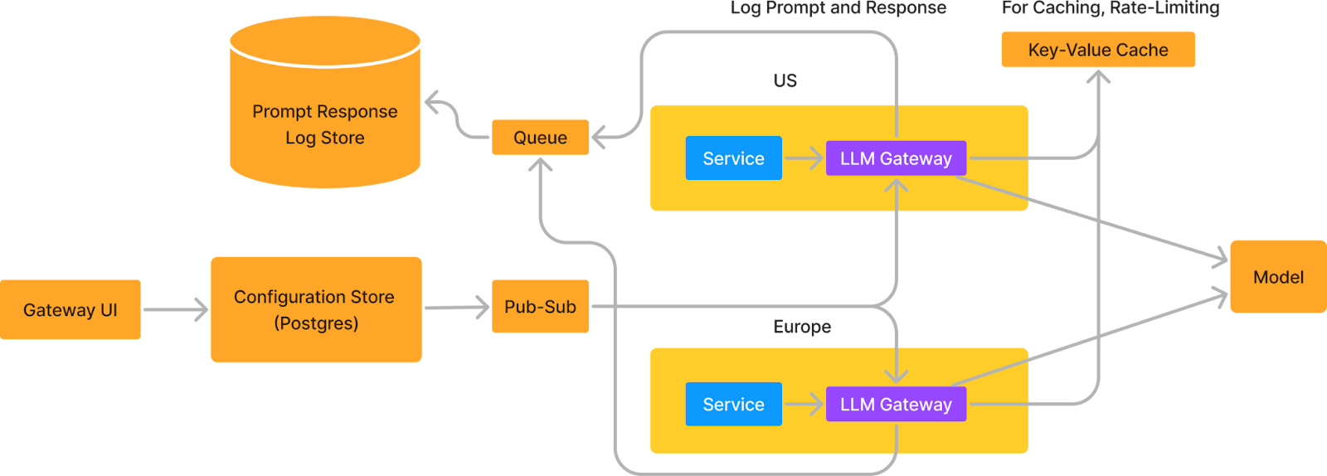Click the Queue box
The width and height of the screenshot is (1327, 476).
pyautogui.click(x=540, y=137)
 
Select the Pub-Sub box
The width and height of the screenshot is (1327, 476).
pyautogui.click(x=540, y=307)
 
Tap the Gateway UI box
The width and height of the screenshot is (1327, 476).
pyautogui.click(x=70, y=310)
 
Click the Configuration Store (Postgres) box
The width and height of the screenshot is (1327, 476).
pyautogui.click(x=315, y=309)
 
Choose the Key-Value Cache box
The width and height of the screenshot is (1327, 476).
pyautogui.click(x=1098, y=50)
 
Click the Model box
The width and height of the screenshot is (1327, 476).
pyautogui.click(x=1278, y=277)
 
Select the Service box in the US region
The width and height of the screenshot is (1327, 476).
pyautogui.click(x=733, y=158)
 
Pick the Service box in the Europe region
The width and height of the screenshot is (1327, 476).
pyautogui.click(x=733, y=405)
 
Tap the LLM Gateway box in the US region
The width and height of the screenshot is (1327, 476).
pyautogui.click(x=896, y=158)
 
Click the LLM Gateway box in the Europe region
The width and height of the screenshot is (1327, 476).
pyautogui.click(x=896, y=405)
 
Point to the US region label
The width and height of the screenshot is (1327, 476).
pyautogui.click(x=785, y=80)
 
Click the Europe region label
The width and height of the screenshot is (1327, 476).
pyautogui.click(x=802, y=327)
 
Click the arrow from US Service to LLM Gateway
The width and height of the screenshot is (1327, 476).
pyautogui.click(x=804, y=158)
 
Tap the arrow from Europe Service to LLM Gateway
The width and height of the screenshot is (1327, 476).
pyautogui.click(x=804, y=404)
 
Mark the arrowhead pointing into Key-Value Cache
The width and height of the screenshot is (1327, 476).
pyautogui.click(x=1098, y=76)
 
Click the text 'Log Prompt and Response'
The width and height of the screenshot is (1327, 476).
pyautogui.click(x=838, y=8)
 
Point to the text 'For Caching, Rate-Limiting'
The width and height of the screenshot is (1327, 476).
pyautogui.click(x=1111, y=8)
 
